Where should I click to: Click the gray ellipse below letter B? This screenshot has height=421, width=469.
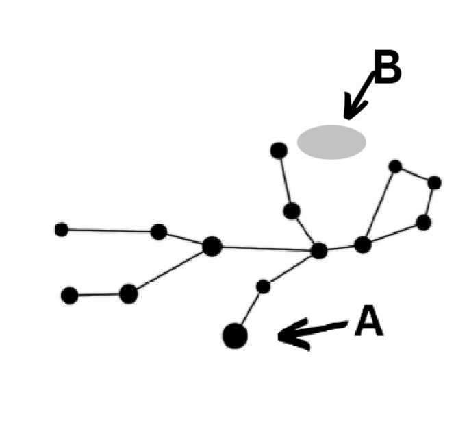331,142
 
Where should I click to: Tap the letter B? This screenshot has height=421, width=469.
388,69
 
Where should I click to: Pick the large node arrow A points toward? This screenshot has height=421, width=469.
235,335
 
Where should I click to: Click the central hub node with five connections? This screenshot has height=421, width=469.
318,251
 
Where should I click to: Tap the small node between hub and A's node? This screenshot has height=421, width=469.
264,287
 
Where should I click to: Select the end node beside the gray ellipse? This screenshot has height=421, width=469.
279,150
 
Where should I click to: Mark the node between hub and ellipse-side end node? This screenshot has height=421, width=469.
292,211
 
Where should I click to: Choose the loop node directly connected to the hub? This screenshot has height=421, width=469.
363,244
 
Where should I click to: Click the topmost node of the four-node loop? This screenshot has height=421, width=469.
395,166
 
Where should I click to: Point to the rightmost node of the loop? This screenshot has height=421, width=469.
434,182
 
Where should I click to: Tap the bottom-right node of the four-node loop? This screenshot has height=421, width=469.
424,222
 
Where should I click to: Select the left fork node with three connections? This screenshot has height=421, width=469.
212,245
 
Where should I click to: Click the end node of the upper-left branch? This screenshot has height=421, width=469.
62,230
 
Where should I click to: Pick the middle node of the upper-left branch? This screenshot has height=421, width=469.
159,232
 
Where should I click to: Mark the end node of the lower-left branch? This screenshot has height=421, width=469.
69,296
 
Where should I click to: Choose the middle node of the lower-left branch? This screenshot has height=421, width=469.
128,294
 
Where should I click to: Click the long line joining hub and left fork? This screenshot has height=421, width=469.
265,248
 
